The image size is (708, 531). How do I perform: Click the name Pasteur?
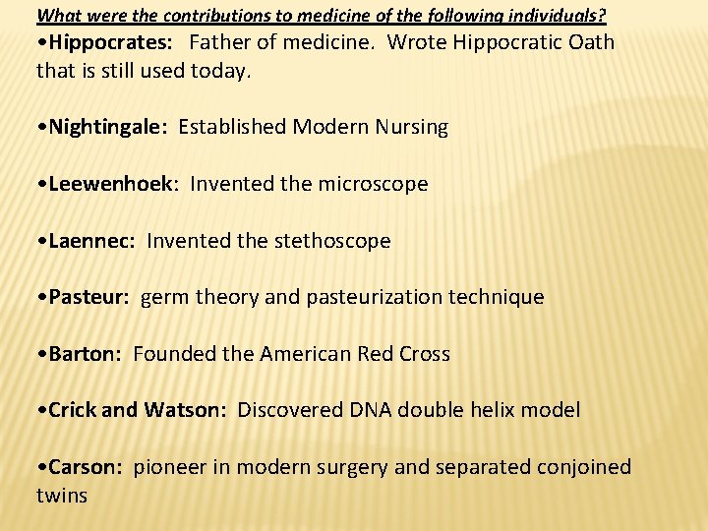point(88,297)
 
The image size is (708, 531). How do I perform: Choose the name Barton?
point(84,354)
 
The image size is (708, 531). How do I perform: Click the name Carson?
point(84,467)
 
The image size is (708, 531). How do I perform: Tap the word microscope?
point(373,184)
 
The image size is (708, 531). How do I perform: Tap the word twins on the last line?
point(62,495)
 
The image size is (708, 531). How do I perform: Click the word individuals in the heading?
point(556,17)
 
